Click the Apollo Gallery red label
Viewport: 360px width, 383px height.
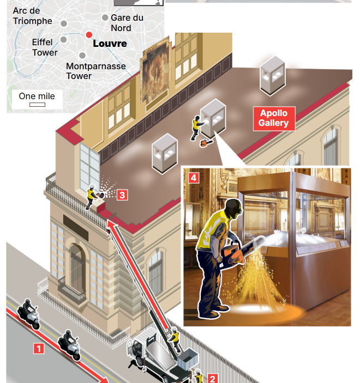(x=273, y=118)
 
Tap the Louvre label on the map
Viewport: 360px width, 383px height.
(x=110, y=43)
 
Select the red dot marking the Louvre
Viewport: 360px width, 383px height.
(x=89, y=35)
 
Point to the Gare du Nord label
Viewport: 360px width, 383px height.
(x=127, y=22)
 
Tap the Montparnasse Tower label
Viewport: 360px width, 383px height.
(x=95, y=71)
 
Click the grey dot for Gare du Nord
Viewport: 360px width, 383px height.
(x=105, y=18)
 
